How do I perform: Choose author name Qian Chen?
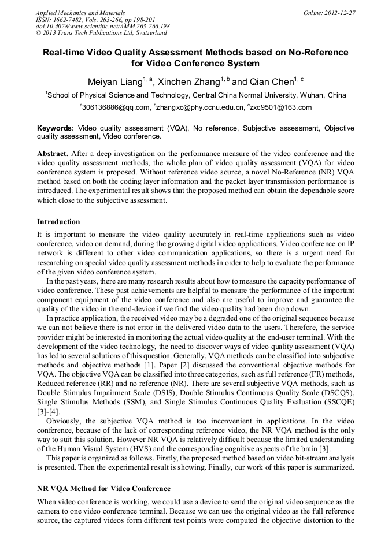pyautogui.click(x=272, y=82)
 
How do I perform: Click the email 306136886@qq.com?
pyautogui.click(x=115, y=107)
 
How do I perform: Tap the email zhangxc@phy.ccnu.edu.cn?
pyautogui.click(x=198, y=107)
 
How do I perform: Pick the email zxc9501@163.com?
pyautogui.click(x=281, y=107)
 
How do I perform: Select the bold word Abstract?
pyautogui.click(x=53, y=154)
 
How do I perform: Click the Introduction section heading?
pyautogui.click(x=58, y=222)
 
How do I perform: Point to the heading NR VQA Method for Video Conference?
pyautogui.click(x=103, y=489)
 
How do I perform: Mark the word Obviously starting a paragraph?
pyautogui.click(x=64, y=421)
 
